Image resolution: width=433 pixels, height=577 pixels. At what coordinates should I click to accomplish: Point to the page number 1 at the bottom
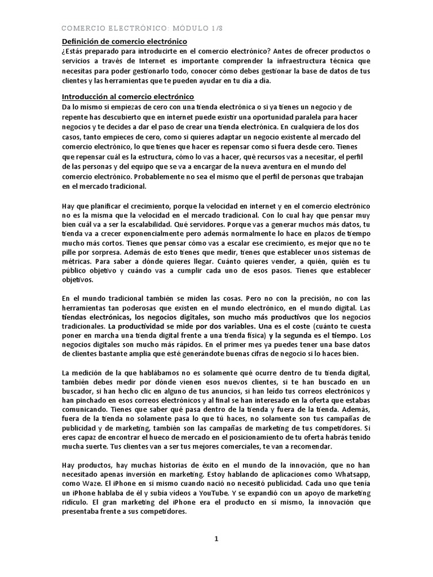coord(216,539)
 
